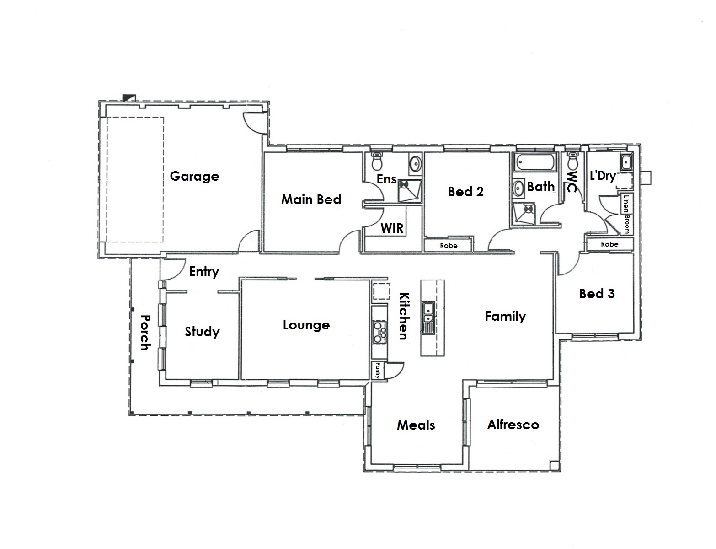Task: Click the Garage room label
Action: coord(194,177)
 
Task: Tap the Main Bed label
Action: coord(311,199)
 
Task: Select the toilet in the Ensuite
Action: coord(376,161)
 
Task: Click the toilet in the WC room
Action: coord(573,161)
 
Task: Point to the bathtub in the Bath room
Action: coord(535,162)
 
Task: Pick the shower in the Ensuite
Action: coord(410,191)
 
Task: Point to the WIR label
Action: coord(392,228)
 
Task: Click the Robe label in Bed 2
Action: coord(449,246)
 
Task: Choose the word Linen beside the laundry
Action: coord(626,204)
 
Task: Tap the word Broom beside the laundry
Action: coord(627,224)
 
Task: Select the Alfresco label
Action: coord(513,425)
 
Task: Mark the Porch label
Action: coord(145,332)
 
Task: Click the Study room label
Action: coord(202,332)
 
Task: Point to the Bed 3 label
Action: coord(597,293)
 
